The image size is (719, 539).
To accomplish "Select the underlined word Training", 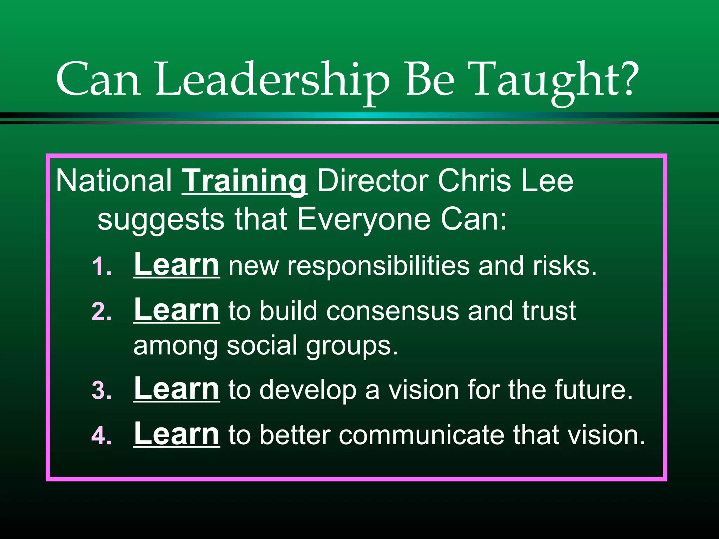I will (245, 181).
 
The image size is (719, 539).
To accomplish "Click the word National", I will (114, 181).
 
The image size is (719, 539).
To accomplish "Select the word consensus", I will (393, 311).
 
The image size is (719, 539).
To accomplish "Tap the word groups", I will (352, 347).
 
